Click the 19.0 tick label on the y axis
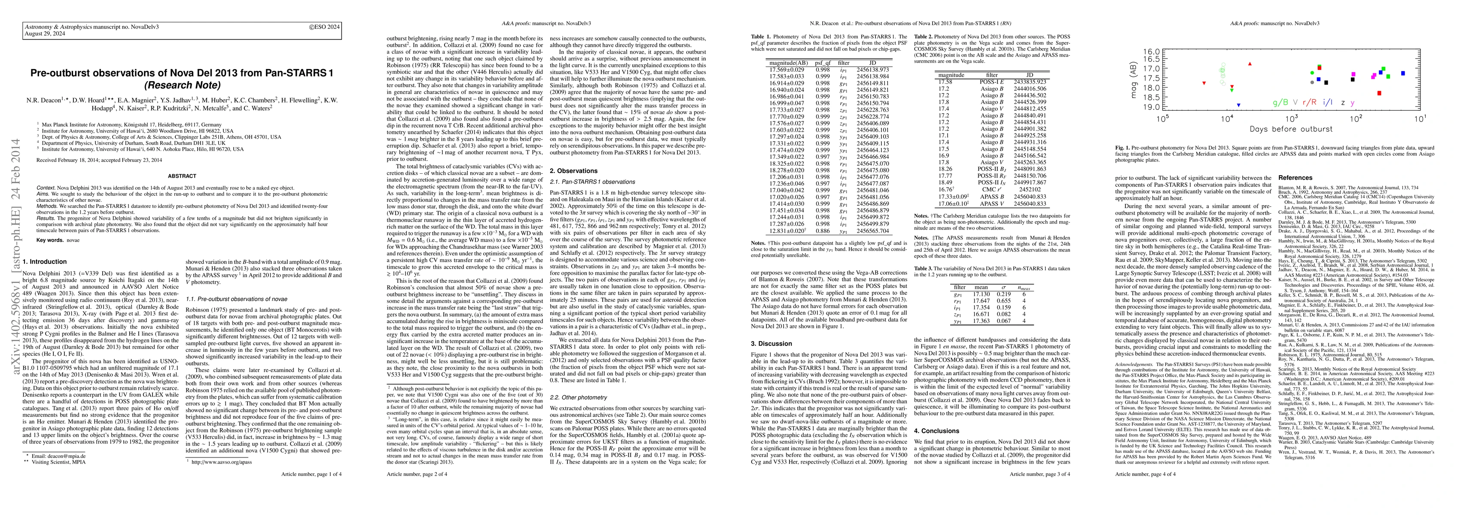1145,107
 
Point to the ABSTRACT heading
182,176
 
